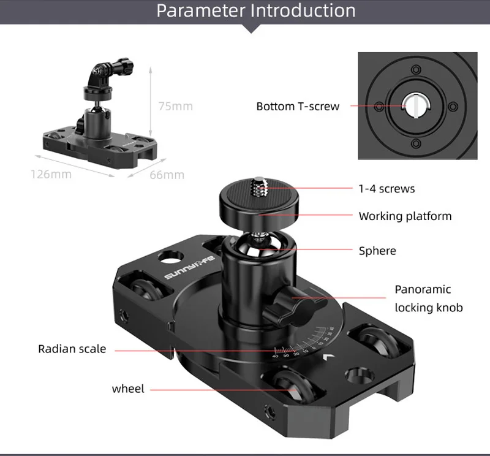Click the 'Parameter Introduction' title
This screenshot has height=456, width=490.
click(256, 11)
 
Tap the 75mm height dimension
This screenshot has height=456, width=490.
click(175, 106)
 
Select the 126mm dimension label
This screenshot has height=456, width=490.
click(51, 175)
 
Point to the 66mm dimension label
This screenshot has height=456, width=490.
click(167, 175)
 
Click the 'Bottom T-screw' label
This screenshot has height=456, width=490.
click(297, 107)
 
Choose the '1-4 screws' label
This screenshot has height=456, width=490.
click(386, 189)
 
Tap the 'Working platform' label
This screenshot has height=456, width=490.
click(405, 216)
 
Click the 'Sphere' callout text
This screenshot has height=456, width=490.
click(377, 251)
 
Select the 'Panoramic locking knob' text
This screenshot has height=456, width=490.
click(429, 298)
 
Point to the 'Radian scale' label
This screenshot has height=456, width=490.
click(72, 349)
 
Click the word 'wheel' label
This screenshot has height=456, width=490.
click(128, 389)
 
